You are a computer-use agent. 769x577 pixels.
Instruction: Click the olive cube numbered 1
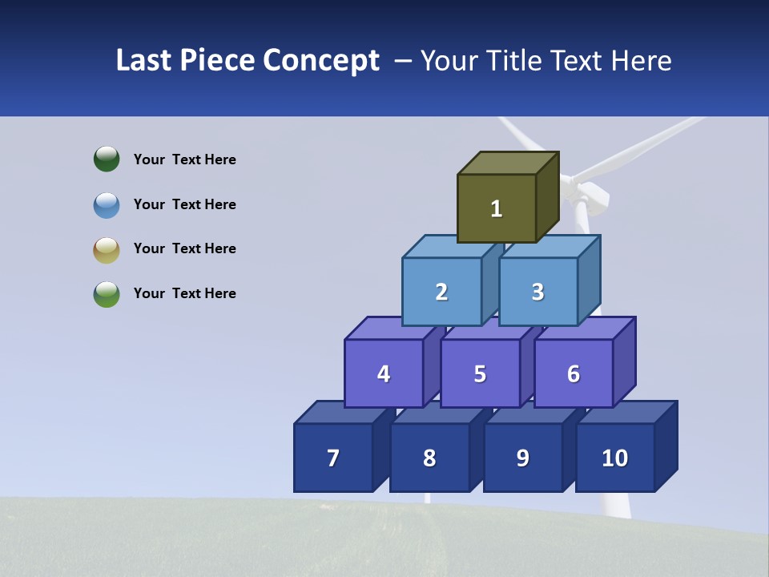tap(497, 208)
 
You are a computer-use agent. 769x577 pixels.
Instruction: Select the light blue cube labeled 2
tap(441, 292)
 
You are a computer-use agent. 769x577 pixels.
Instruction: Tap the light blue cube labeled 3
tap(537, 292)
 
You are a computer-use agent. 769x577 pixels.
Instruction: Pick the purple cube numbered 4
tap(384, 373)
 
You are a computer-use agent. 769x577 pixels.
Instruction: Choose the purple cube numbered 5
tap(480, 373)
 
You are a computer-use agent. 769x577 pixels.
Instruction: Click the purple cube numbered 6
tap(574, 373)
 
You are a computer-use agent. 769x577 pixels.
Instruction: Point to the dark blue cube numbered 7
tap(333, 458)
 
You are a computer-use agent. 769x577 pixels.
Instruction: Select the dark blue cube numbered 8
tap(429, 458)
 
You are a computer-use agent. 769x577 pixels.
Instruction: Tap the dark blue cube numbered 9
tap(522, 458)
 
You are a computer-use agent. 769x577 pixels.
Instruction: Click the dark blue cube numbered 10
tap(614, 458)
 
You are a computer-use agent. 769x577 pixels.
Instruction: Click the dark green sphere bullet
tap(107, 159)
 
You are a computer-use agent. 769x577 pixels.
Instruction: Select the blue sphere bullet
tap(107, 204)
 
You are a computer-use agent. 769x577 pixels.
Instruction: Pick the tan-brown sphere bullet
tap(107, 249)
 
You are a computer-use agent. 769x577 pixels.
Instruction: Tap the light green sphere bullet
tap(107, 293)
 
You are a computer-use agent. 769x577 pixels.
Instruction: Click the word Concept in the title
tap(321, 61)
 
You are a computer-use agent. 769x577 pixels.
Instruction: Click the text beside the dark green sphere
tap(185, 159)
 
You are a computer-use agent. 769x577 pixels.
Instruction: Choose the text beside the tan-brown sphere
tap(185, 248)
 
